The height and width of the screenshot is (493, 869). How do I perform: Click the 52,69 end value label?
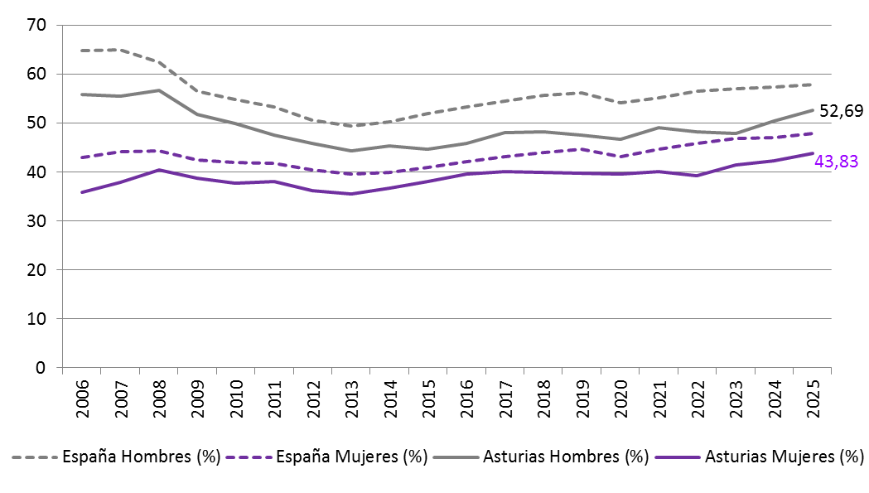pos(841,110)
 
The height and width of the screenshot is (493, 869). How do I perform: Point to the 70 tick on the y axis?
pos(35,25)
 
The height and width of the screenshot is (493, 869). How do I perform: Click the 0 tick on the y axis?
pos(40,367)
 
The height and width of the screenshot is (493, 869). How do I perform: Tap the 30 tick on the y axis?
pos(35,220)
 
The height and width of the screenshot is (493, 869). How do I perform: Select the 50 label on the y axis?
pos(35,123)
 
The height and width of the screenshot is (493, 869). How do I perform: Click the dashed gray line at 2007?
pos(119,50)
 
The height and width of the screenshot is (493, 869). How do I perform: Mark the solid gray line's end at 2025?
pos(811,110)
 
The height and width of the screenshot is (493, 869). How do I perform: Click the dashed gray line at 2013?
pos(351,126)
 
